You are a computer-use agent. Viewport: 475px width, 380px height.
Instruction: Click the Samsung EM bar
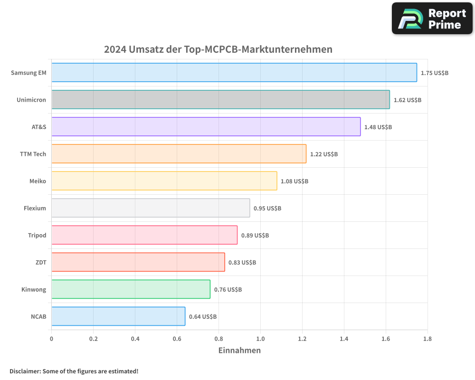tap(234, 73)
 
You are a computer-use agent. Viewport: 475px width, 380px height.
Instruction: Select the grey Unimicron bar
tap(220, 100)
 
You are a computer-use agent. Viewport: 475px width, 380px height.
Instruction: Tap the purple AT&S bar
tap(206, 127)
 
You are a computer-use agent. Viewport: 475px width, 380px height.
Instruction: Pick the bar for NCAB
tap(118, 316)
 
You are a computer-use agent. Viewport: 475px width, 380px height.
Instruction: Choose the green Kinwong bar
tap(131, 289)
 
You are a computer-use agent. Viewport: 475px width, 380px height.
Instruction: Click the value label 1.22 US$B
tap(324, 154)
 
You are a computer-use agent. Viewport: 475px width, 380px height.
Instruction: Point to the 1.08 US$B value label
tap(294, 181)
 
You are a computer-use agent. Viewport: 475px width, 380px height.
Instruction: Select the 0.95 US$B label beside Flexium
tap(267, 209)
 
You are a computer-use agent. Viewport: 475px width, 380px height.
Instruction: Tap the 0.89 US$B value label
tap(255, 236)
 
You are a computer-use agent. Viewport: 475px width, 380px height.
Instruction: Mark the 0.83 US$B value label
tap(242, 263)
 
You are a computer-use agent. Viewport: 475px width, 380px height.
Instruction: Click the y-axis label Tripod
tap(37, 236)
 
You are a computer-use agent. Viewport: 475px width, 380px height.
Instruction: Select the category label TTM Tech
tap(33, 154)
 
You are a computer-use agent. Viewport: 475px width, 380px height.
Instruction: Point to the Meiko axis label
tap(38, 181)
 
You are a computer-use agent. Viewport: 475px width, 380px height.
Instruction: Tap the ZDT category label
tap(41, 263)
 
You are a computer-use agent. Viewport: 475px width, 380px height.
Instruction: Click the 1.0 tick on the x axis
tap(260, 339)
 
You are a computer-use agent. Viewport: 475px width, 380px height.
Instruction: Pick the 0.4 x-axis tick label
tap(135, 339)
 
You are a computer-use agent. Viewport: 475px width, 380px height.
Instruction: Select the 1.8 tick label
tap(427, 339)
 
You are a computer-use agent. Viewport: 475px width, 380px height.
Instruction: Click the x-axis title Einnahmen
tap(239, 351)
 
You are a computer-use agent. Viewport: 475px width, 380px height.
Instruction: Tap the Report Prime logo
tap(432, 19)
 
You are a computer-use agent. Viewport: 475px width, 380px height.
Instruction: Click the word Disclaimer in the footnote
tap(24, 371)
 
